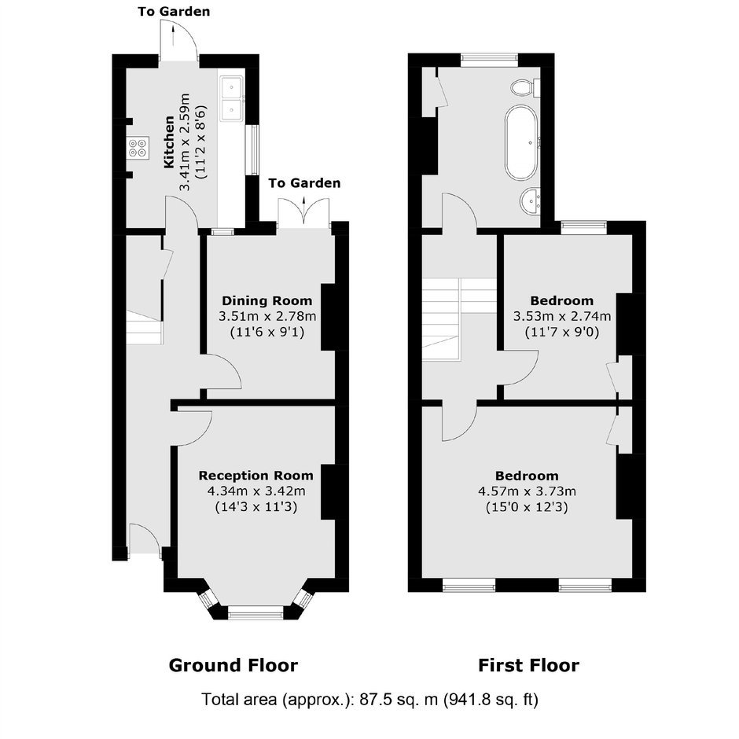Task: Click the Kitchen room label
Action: (x=169, y=142)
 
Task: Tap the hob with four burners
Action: (x=138, y=147)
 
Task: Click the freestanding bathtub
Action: (x=521, y=142)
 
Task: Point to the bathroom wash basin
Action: (x=531, y=200)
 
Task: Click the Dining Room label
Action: (x=267, y=300)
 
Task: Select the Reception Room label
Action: (x=256, y=476)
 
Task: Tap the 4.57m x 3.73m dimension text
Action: (x=527, y=491)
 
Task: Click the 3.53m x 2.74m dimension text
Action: (x=562, y=316)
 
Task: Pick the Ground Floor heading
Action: (x=233, y=665)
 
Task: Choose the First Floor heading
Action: (x=529, y=665)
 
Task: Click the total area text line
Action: (x=369, y=700)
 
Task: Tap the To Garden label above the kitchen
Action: (x=174, y=11)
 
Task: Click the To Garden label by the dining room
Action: (x=304, y=183)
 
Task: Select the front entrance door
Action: (x=145, y=541)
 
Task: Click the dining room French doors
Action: (x=304, y=214)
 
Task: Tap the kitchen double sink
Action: (x=231, y=99)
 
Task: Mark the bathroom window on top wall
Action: (x=489, y=60)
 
